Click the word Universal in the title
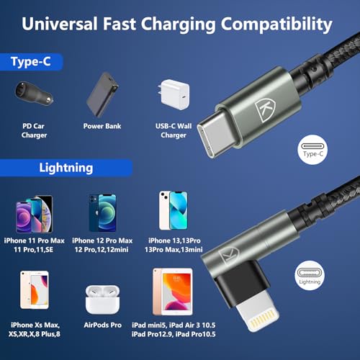click(x=60, y=24)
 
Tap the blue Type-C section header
click(x=31, y=62)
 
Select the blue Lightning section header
click(x=66, y=168)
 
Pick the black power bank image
click(x=102, y=94)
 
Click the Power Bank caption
click(x=102, y=126)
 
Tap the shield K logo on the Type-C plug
click(x=265, y=110)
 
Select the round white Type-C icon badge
click(x=312, y=150)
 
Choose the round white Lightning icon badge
click(x=310, y=276)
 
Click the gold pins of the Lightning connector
click(x=263, y=319)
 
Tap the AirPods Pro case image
click(x=102, y=300)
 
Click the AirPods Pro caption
click(x=103, y=325)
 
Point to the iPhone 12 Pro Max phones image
click(x=102, y=212)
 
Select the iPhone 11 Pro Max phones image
click(x=35, y=214)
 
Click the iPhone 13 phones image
click(x=174, y=210)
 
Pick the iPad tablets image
click(x=173, y=292)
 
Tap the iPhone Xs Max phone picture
click(x=35, y=290)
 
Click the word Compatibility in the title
click(x=276, y=24)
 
